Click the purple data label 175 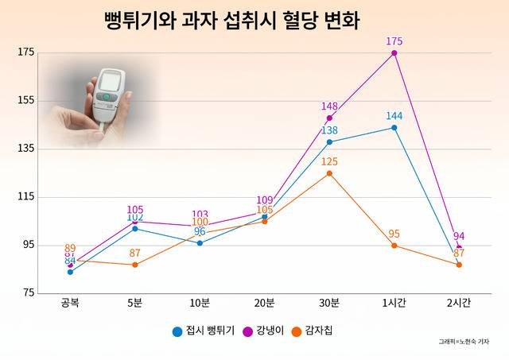point(394,41)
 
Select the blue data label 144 point(394,116)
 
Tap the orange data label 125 point(329,162)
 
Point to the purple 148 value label point(329,106)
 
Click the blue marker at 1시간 point(394,128)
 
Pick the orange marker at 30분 point(329,173)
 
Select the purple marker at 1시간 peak point(394,53)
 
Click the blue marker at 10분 point(200,243)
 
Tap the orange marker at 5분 point(135,265)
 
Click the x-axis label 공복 point(70,303)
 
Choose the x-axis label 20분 point(264,303)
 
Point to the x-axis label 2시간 point(459,303)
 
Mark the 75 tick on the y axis point(28,293)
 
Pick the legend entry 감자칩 point(317,331)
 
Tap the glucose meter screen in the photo point(109,81)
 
